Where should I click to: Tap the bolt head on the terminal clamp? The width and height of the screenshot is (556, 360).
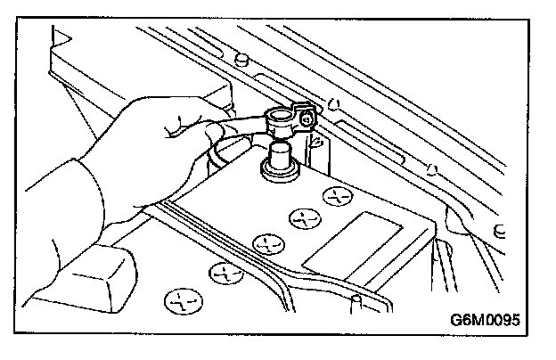307,119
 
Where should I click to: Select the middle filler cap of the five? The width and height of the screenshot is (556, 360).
264,241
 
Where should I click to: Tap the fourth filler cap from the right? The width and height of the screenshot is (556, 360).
222,269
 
